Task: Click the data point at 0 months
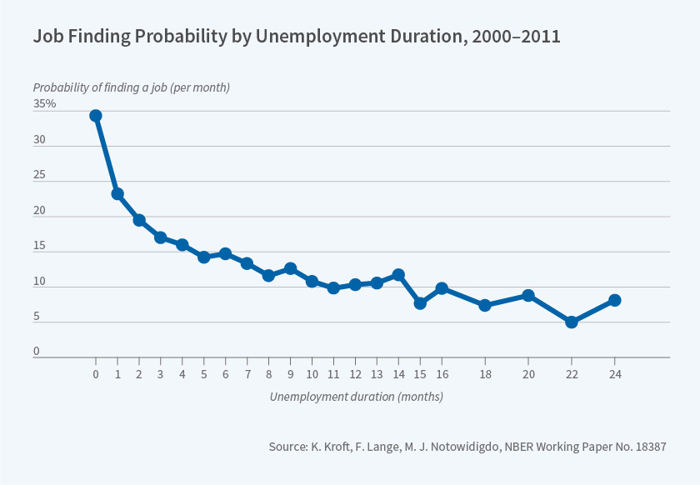[96, 116]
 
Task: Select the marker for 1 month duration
[117, 194]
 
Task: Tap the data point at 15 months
[420, 303]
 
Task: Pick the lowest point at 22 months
[572, 322]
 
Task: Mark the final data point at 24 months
[615, 300]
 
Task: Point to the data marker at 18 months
[485, 306]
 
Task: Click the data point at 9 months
[290, 268]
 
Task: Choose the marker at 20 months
[528, 295]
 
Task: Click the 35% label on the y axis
[45, 104]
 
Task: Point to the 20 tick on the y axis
[39, 211]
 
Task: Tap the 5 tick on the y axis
[37, 317]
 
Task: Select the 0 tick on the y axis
[37, 352]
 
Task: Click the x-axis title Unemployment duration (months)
[356, 397]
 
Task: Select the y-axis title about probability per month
[131, 87]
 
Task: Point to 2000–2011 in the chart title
[513, 37]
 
